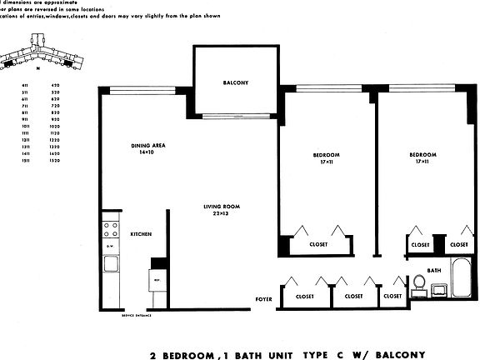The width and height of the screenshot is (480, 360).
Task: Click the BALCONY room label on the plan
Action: pyautogui.click(x=233, y=82)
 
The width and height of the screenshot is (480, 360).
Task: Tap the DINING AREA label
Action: pyautogui.click(x=147, y=146)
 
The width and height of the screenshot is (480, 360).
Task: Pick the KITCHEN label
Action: pyautogui.click(x=141, y=235)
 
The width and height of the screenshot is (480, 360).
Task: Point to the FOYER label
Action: pyautogui.click(x=264, y=298)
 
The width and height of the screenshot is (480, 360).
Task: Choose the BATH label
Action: pyautogui.click(x=433, y=271)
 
